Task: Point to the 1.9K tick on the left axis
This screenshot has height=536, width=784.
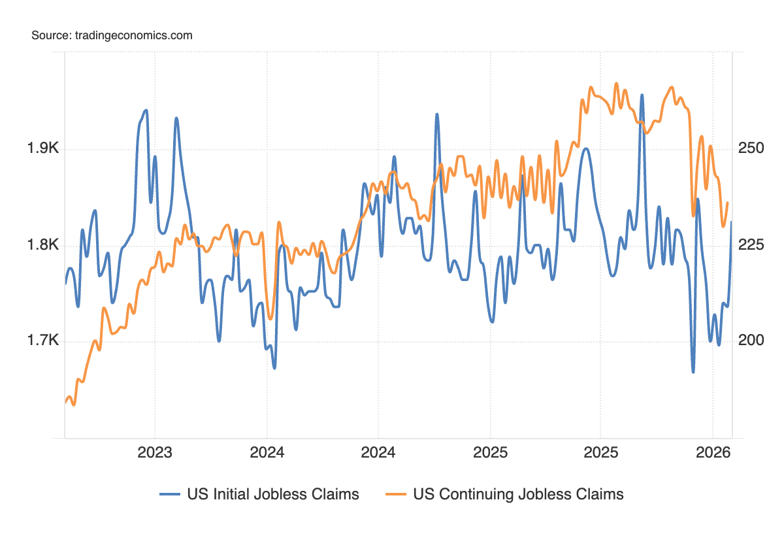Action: click(x=43, y=149)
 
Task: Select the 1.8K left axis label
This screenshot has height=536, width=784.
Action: click(x=43, y=245)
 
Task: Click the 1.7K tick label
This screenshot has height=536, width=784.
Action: click(x=43, y=341)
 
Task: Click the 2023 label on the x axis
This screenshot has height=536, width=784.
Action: click(x=155, y=452)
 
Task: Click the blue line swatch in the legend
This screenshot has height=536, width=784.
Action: click(x=170, y=494)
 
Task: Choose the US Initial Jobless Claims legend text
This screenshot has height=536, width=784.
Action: click(x=273, y=494)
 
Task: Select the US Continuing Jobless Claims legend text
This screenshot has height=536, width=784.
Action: click(x=519, y=494)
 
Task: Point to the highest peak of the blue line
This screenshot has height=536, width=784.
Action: click(x=642, y=95)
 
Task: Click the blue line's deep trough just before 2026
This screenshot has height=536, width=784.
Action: click(x=693, y=372)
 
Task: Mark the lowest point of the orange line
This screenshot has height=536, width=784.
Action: click(x=73, y=405)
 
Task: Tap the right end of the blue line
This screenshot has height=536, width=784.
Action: click(x=731, y=222)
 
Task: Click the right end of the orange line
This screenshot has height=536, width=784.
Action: click(x=728, y=203)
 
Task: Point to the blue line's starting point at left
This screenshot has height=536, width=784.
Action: click(x=65, y=284)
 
